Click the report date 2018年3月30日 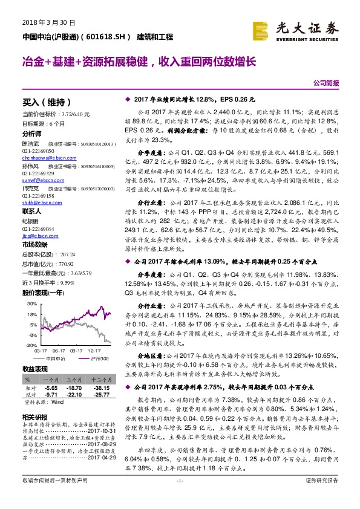click(37, 23)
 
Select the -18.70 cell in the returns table click(74, 387)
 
